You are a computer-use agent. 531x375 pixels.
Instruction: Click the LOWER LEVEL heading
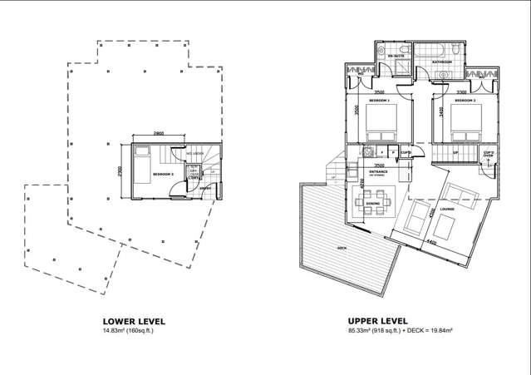click(133, 321)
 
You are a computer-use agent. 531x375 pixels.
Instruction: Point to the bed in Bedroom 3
click(141, 163)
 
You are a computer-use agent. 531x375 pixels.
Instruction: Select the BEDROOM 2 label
click(463, 100)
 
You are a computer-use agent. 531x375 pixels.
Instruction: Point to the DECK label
click(342, 249)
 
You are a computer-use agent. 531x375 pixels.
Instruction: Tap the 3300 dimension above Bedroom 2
click(462, 92)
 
